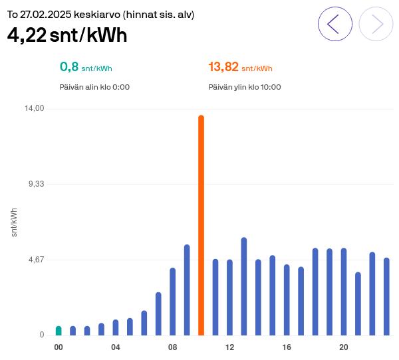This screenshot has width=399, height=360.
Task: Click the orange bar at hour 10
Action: click(x=201, y=226)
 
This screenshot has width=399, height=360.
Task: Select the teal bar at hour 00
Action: click(x=59, y=331)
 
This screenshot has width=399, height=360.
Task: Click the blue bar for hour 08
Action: click(x=172, y=302)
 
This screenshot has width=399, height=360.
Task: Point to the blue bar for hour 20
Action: click(x=344, y=292)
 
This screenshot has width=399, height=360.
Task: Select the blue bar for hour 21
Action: click(x=358, y=304)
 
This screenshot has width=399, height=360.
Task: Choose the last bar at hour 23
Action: click(x=386, y=297)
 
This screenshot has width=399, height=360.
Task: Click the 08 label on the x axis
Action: click(x=172, y=348)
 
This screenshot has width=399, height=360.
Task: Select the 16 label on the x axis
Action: click(x=287, y=348)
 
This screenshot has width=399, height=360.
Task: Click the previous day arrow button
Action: click(x=335, y=24)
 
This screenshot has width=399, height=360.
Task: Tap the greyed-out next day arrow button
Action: click(x=376, y=24)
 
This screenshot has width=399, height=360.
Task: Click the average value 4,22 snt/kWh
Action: click(x=67, y=35)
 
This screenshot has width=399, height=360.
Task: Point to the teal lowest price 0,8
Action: click(x=69, y=67)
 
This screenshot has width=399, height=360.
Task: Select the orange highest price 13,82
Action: click(x=223, y=67)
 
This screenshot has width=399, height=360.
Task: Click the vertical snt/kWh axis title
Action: click(x=15, y=222)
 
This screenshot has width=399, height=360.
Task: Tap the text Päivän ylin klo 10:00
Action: click(x=244, y=87)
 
